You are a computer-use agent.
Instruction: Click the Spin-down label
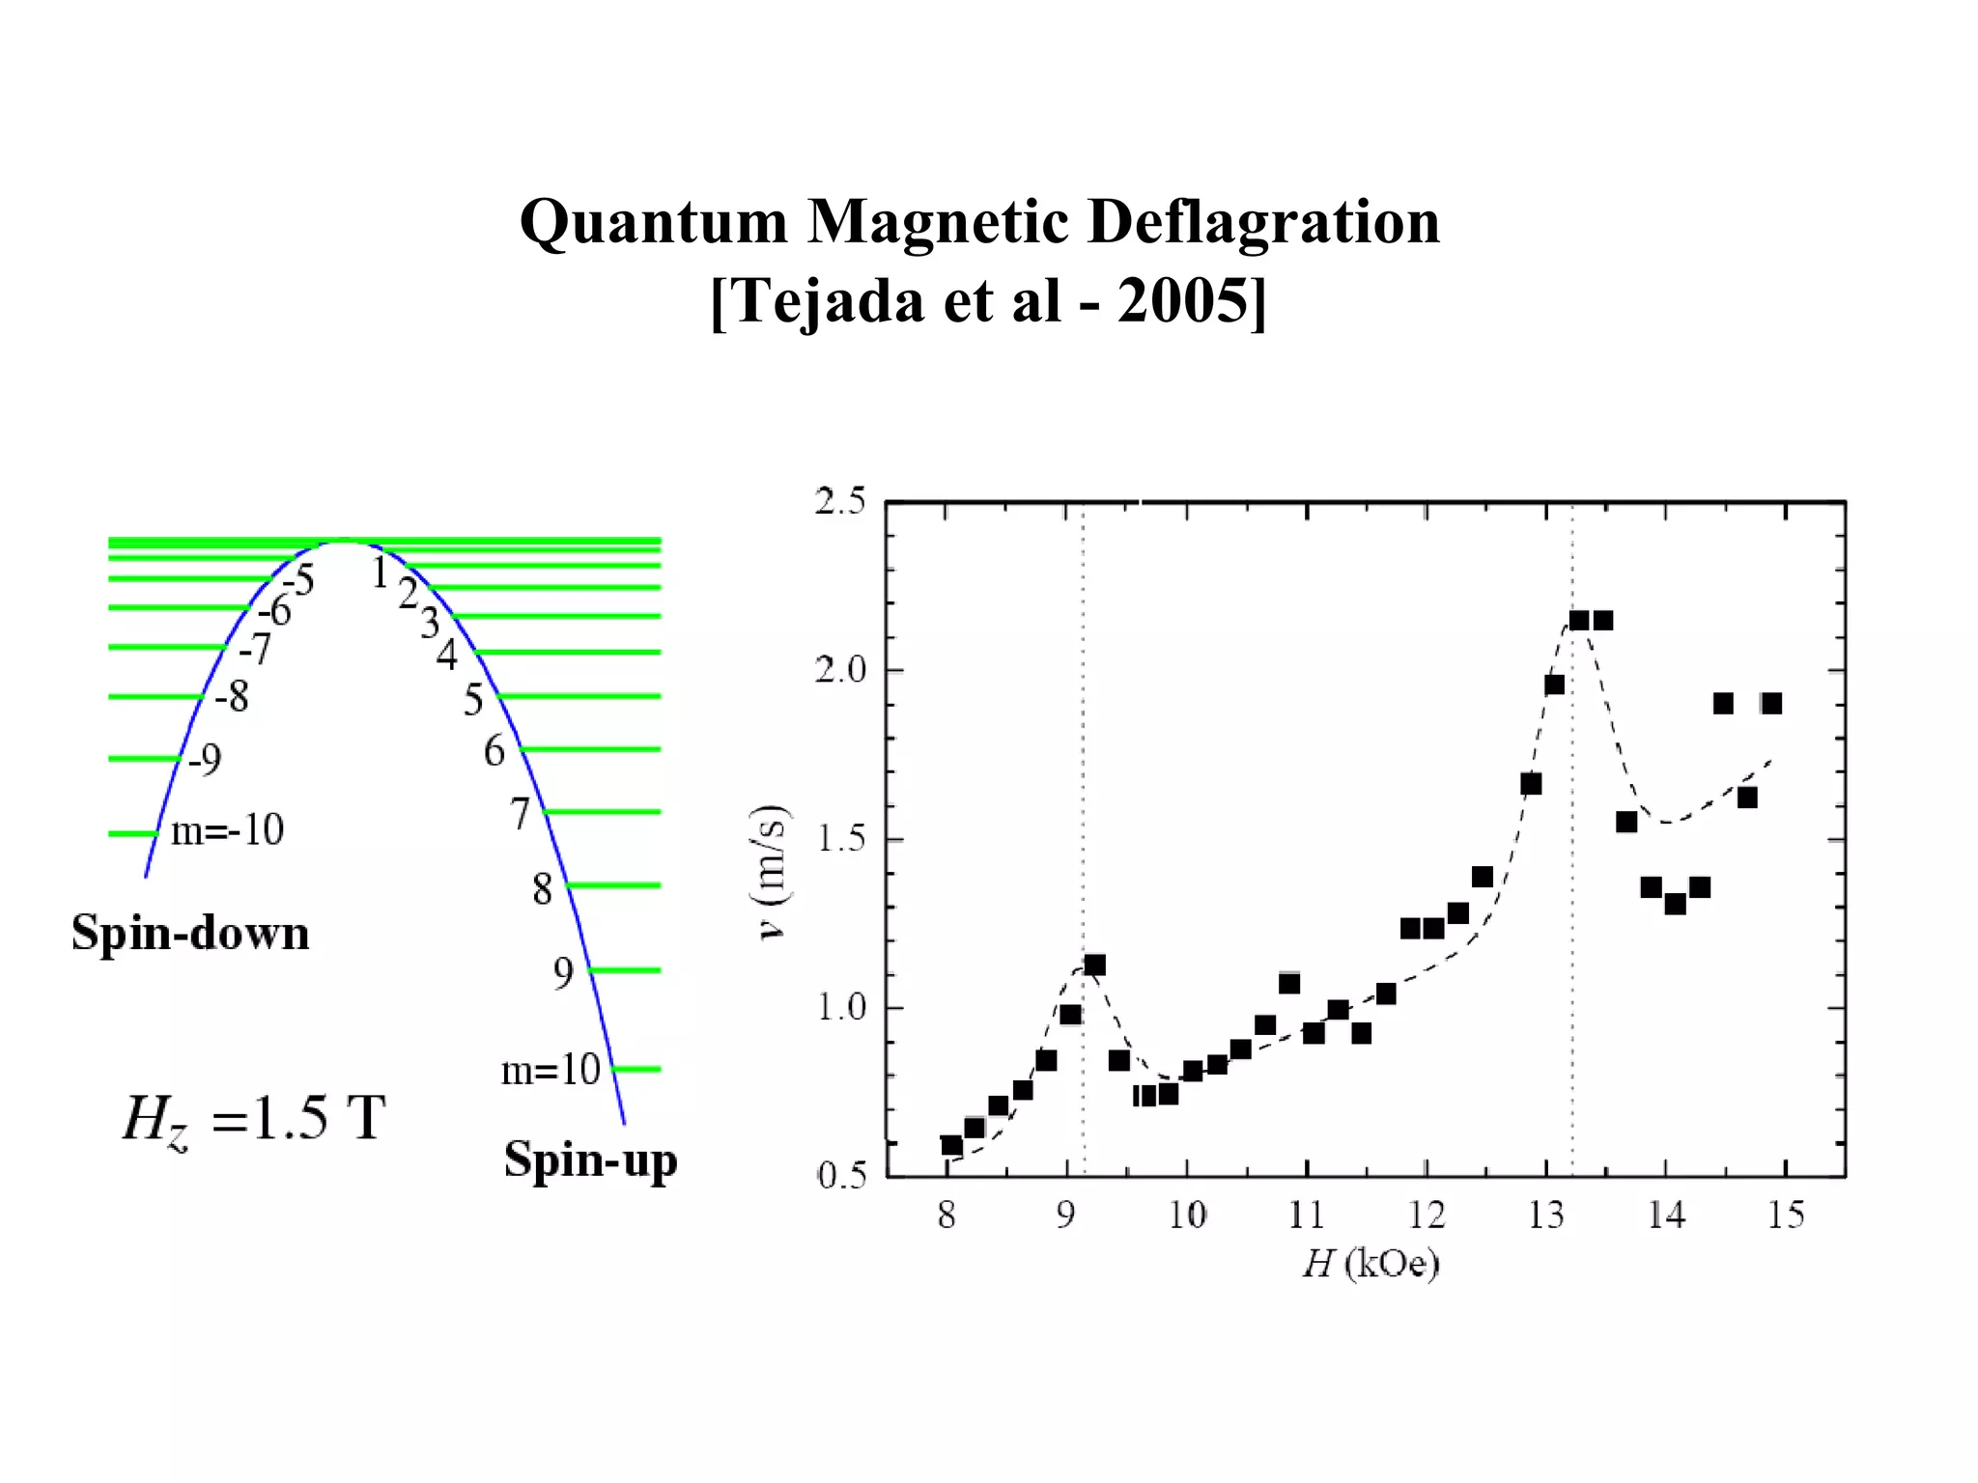click(190, 934)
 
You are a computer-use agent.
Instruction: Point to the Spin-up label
click(590, 1160)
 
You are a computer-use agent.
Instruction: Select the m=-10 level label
click(227, 830)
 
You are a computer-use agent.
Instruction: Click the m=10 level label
click(551, 1070)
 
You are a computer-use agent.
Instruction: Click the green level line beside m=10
click(637, 1069)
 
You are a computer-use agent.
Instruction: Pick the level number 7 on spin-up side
click(521, 813)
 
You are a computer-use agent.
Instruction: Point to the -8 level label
click(232, 696)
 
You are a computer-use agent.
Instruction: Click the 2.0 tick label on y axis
click(840, 670)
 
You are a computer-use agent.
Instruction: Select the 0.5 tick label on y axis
click(841, 1176)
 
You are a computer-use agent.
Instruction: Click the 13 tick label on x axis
click(1545, 1216)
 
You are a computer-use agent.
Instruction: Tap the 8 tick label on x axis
click(947, 1216)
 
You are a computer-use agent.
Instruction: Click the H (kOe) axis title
click(1370, 1263)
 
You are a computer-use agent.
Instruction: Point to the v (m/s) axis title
click(774, 872)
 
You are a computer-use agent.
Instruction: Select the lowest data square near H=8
click(951, 1145)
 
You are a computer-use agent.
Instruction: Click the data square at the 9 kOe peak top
click(1094, 965)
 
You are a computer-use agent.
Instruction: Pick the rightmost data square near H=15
click(1770, 703)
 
